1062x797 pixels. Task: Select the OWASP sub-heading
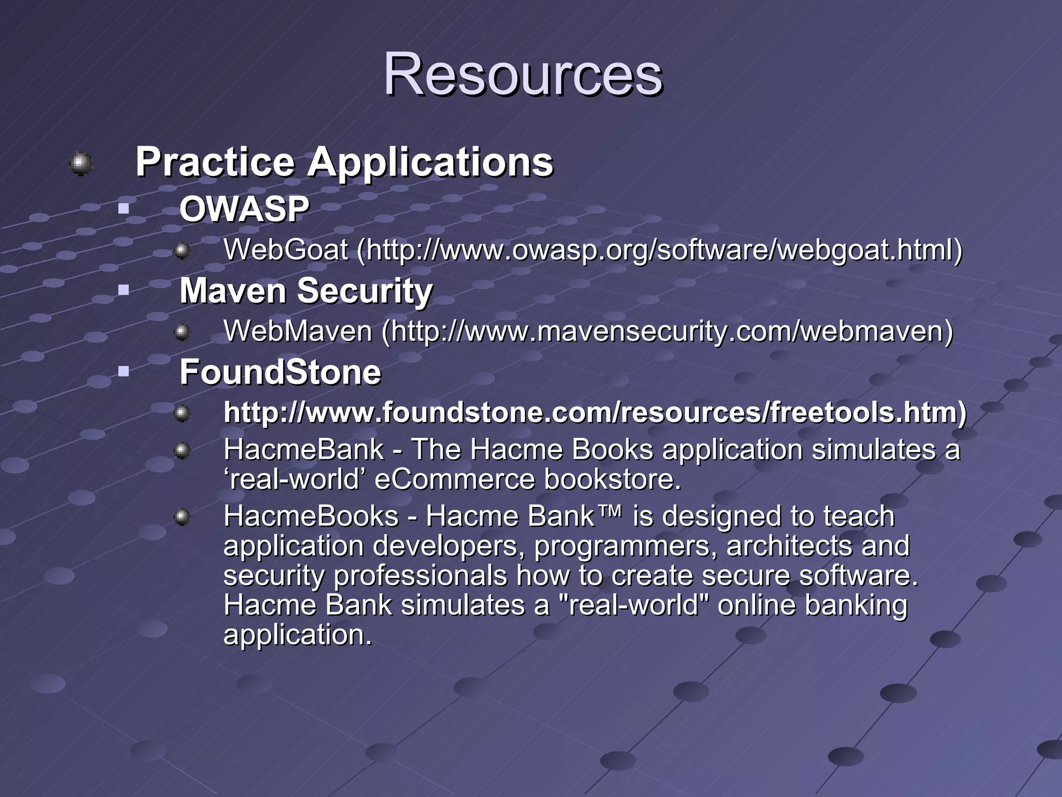244,210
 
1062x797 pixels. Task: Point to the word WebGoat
285,250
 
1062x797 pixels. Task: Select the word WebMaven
298,332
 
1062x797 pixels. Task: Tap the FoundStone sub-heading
280,372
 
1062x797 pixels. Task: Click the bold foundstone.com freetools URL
595,413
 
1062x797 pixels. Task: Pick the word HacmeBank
303,449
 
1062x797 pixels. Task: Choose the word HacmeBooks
311,517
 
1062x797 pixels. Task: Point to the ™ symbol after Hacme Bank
612,512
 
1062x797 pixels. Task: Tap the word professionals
420,576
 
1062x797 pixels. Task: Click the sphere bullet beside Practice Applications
81,163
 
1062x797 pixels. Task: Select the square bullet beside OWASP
123,209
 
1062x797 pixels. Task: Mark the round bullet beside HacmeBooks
182,517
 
